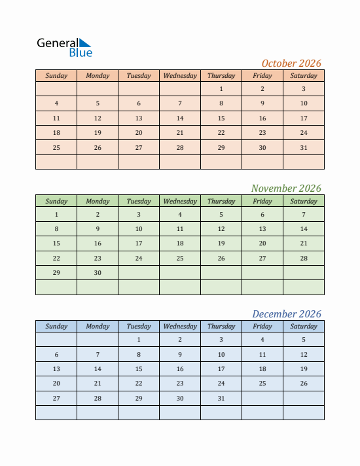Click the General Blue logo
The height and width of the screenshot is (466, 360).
(65, 47)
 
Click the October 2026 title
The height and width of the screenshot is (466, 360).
(291, 63)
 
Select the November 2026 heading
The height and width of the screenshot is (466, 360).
(286, 188)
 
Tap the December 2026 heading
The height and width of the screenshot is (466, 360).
(287, 314)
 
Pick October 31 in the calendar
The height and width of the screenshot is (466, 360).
(304, 148)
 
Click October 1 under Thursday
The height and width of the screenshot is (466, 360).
(221, 89)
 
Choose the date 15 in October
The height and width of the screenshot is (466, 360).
(221, 118)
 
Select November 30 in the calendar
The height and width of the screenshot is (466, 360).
(98, 273)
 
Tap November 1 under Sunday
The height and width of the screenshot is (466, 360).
(56, 214)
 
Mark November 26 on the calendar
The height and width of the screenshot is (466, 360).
(221, 259)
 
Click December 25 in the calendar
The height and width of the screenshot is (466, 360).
(262, 384)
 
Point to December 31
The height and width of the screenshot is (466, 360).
(221, 399)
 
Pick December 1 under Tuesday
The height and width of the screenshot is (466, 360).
(139, 340)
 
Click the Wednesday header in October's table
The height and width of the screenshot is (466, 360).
(180, 75)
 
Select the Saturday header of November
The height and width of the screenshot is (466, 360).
(304, 201)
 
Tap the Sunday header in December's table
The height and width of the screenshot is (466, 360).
(56, 326)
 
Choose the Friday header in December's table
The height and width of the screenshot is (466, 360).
(262, 326)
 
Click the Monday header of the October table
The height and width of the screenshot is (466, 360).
(98, 75)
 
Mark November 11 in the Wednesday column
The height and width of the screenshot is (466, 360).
(180, 229)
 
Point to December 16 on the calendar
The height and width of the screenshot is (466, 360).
(180, 369)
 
